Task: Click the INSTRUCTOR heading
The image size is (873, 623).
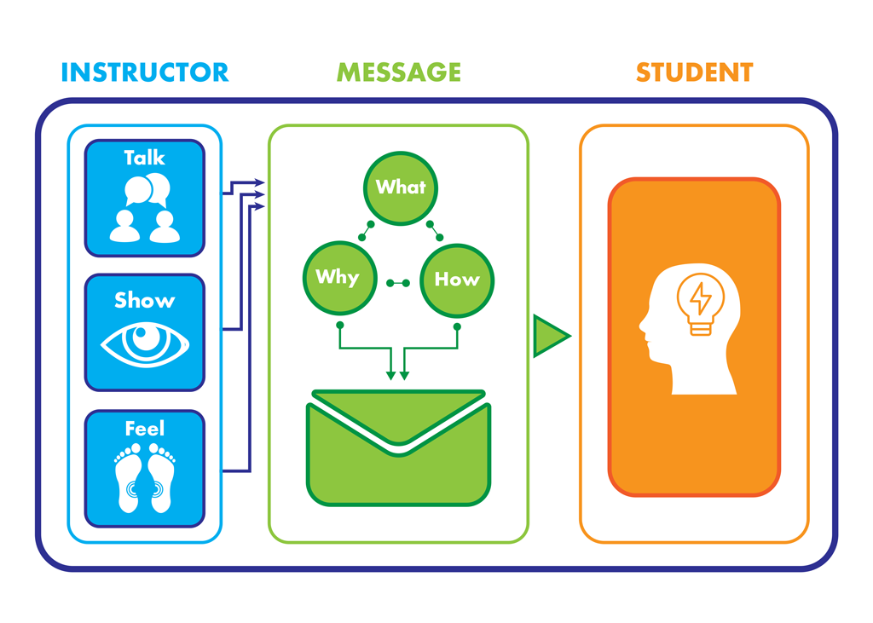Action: [x=145, y=72]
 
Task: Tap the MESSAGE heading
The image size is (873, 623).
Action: [x=399, y=72]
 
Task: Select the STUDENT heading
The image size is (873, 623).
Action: [x=694, y=72]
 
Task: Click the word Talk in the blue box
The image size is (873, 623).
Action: [x=144, y=158]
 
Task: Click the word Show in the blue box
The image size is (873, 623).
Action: [x=144, y=300]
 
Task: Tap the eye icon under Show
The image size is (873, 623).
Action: [x=145, y=343]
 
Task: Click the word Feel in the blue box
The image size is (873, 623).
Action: [x=144, y=428]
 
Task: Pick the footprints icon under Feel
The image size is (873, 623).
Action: [x=144, y=476]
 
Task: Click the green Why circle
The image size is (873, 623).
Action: [x=338, y=277]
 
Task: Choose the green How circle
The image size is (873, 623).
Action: [x=457, y=279]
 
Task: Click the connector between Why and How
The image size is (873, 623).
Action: [x=397, y=283]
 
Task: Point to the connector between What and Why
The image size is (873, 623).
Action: [x=366, y=230]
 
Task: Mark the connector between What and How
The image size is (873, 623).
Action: [x=435, y=230]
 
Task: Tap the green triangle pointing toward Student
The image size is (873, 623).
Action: [x=549, y=336]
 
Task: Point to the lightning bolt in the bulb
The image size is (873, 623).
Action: [x=700, y=297]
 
